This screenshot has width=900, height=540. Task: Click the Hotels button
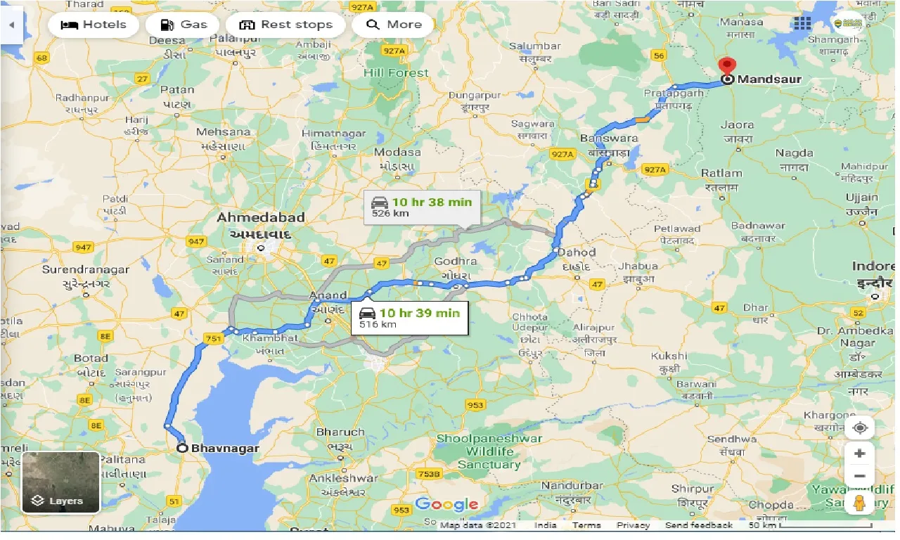click(x=94, y=25)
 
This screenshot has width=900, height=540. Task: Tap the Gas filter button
click(x=183, y=25)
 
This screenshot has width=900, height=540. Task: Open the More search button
click(x=394, y=25)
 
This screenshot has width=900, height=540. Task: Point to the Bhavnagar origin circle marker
click(x=182, y=448)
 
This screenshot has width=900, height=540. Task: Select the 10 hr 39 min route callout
click(x=411, y=317)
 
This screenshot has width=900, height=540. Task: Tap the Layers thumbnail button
click(x=61, y=482)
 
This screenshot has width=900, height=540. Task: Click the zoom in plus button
click(x=859, y=454)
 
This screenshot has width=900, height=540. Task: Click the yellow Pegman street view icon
click(x=859, y=503)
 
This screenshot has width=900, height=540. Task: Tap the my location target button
click(x=859, y=427)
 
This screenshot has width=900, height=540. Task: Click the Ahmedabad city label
click(x=260, y=217)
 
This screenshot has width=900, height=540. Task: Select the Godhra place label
click(x=455, y=261)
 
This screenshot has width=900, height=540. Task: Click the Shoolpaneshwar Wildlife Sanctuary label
click(x=489, y=451)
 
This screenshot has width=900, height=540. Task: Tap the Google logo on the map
click(x=446, y=503)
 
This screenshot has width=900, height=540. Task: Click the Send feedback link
click(x=699, y=525)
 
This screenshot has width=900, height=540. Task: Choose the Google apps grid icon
click(x=802, y=23)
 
